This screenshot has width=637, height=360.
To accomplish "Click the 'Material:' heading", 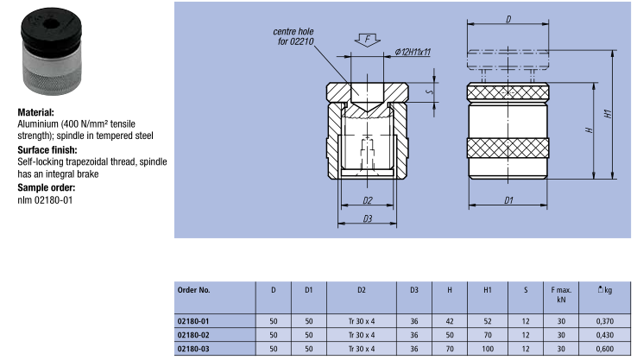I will pyautogui.click(x=36, y=112).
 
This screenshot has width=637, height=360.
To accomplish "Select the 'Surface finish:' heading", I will pyautogui.click(x=47, y=149).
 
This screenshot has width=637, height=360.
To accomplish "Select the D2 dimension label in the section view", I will pyautogui.click(x=367, y=200).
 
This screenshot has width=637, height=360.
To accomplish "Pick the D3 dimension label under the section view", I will pyautogui.click(x=367, y=219).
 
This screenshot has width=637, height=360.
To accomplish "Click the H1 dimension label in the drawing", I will pyautogui.click(x=608, y=113).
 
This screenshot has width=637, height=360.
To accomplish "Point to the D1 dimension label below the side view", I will pyautogui.click(x=508, y=200).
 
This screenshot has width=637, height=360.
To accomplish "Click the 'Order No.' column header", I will pyautogui.click(x=193, y=290).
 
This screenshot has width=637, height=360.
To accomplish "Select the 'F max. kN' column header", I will pyautogui.click(x=561, y=295).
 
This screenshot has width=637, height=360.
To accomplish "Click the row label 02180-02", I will pyautogui.click(x=193, y=333).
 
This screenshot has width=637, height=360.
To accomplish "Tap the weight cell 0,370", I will pyautogui.click(x=605, y=320).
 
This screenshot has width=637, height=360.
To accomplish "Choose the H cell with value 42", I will pyautogui.click(x=449, y=320).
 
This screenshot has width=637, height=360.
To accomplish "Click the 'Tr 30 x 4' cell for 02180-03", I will pyautogui.click(x=362, y=348).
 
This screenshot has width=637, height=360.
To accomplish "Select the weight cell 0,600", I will pyautogui.click(x=605, y=348).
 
